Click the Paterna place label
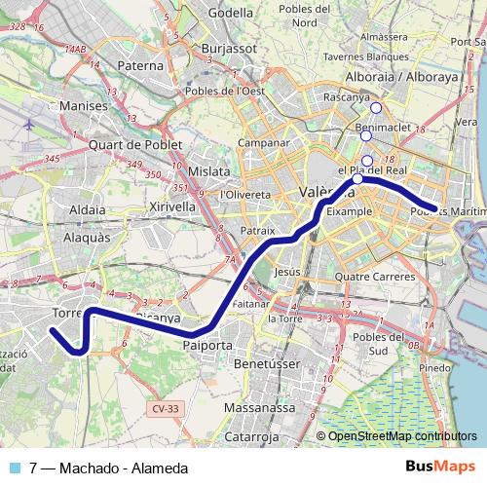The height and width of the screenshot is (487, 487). [x=139, y=66]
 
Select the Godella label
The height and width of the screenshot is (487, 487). [x=230, y=13]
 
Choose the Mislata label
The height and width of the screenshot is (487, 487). [x=208, y=170]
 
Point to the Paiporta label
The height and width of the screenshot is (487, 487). [x=207, y=345]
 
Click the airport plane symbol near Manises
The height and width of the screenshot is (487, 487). [x=29, y=126]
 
